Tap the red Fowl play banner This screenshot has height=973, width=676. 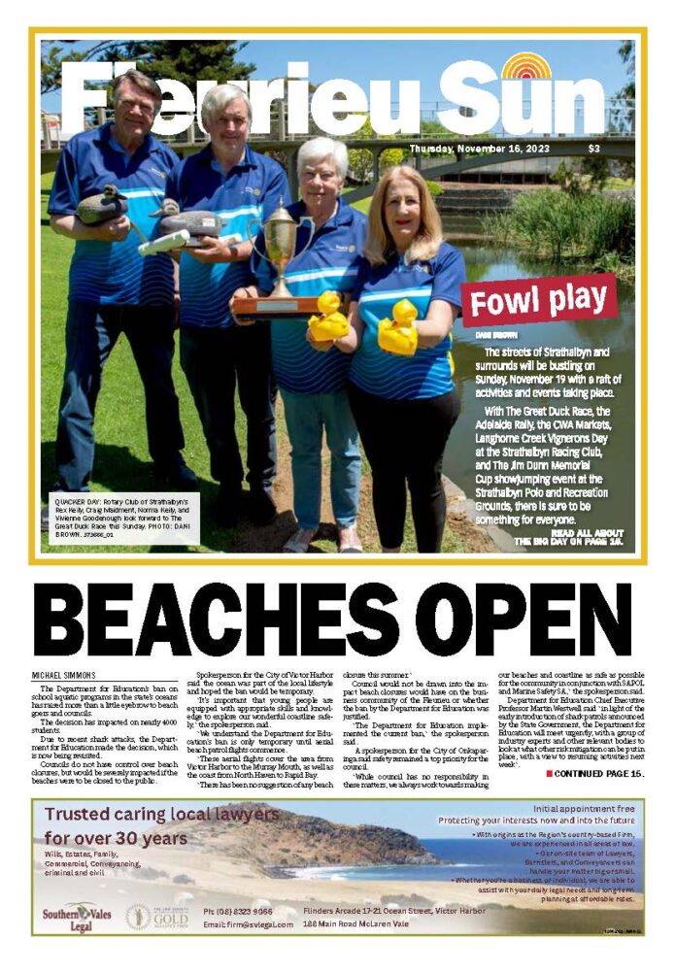coord(538,300)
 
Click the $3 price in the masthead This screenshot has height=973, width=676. coord(593,149)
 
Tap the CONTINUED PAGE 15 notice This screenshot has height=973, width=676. coord(594,773)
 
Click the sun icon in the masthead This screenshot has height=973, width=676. coord(526,68)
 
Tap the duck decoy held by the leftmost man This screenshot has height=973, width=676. coord(101,205)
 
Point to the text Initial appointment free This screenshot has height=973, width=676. coord(584,808)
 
